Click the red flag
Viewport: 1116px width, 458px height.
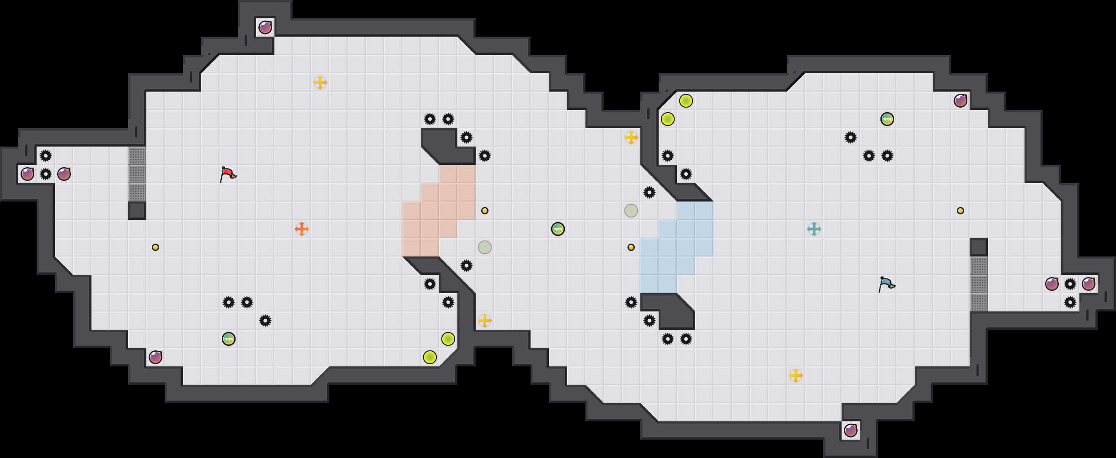point(227,174)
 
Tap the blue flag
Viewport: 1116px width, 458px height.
point(886,284)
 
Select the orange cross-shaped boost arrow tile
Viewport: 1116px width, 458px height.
point(302,229)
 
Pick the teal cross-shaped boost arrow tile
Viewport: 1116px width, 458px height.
point(814,229)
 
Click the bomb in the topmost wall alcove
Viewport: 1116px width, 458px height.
point(265,27)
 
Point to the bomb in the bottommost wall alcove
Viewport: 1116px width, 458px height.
point(851,431)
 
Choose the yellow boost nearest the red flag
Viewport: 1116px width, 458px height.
point(320,82)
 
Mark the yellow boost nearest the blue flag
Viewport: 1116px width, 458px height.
point(796,376)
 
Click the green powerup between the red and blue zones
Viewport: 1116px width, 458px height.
point(558,229)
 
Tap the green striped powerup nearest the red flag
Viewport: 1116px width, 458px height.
point(229,339)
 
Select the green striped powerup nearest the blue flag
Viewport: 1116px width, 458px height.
point(887,119)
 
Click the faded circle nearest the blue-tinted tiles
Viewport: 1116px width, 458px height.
point(631,211)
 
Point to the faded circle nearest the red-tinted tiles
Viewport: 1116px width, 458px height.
point(485,247)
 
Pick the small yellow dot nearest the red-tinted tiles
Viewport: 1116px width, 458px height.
point(485,211)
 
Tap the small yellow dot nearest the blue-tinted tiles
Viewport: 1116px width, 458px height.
point(631,247)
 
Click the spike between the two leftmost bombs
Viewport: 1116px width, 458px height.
point(46,174)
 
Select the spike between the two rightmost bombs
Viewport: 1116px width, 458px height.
point(1070,284)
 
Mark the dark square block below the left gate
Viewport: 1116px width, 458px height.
point(137,211)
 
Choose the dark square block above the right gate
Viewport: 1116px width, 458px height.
point(979,247)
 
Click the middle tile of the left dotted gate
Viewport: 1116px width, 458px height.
point(137,174)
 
